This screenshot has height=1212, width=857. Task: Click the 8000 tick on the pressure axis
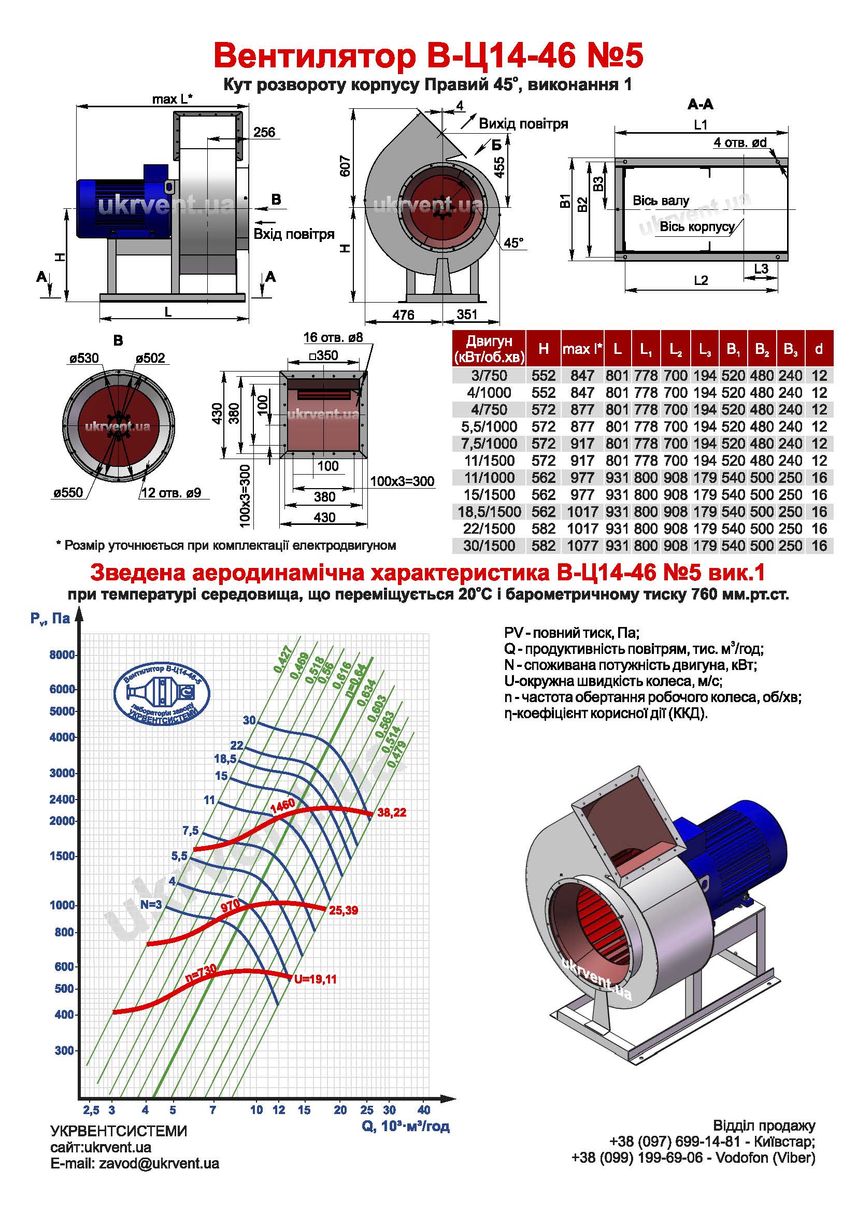(62, 655)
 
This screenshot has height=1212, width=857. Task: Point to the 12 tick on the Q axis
(279, 1109)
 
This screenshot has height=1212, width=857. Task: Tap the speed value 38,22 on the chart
(392, 812)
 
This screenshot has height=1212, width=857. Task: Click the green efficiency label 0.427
(283, 659)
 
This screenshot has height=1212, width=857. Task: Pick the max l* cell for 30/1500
(582, 545)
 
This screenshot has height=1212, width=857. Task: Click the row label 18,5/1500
(489, 511)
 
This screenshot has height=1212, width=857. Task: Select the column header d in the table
(819, 349)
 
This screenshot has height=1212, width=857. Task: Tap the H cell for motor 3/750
(544, 375)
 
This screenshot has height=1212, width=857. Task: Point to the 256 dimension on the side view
(264, 132)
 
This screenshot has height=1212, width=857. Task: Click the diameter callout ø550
(68, 492)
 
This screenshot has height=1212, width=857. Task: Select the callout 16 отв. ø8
(333, 337)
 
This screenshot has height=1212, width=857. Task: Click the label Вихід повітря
(523, 124)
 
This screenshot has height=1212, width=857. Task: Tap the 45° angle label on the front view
(513, 243)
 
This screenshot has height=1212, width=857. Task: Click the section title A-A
(701, 105)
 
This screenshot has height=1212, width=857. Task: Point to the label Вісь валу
(661, 201)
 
